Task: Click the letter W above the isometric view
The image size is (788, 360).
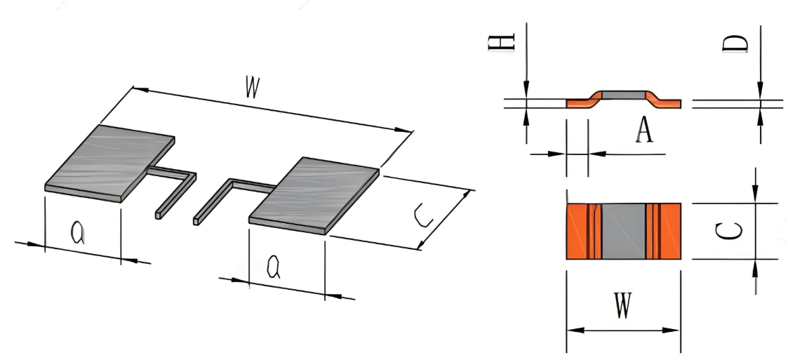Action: tap(253, 87)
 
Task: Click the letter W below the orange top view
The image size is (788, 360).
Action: tap(623, 306)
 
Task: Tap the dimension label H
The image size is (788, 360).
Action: tap(502, 41)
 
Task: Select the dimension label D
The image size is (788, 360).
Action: tap(735, 44)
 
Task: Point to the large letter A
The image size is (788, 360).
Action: tap(643, 131)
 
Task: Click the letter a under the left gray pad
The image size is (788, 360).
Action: tap(78, 233)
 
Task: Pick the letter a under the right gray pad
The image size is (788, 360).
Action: tap(274, 267)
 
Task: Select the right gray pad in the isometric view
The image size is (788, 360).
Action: tap(314, 195)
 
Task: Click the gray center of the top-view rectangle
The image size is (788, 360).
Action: tap(624, 232)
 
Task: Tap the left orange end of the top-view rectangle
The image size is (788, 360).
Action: tap(584, 232)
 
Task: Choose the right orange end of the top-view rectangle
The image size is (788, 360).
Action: tap(663, 232)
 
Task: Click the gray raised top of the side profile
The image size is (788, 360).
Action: tap(624, 95)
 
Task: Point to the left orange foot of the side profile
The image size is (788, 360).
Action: tap(580, 102)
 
